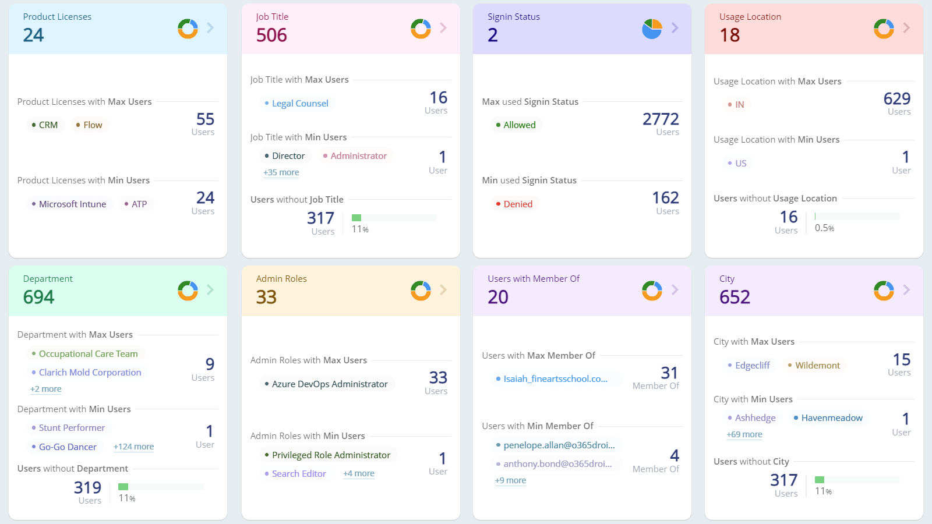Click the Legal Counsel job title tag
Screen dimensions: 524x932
click(x=296, y=104)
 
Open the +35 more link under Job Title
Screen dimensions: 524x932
click(x=281, y=172)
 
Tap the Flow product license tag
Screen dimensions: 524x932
click(x=89, y=125)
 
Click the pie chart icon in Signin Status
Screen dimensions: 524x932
click(x=652, y=29)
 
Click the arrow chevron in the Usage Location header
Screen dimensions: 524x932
click(x=906, y=28)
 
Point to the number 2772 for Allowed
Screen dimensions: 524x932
click(x=661, y=119)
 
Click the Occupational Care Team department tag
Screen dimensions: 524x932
click(x=85, y=354)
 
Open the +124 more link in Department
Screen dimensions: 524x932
click(x=133, y=447)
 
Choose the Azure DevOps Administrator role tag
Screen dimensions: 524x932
click(x=326, y=384)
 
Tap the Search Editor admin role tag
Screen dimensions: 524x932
click(x=295, y=474)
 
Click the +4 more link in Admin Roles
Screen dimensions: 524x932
click(x=359, y=474)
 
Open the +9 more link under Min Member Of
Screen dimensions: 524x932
click(x=510, y=481)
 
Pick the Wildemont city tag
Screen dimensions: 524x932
click(x=814, y=366)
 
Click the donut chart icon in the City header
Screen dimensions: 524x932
click(x=883, y=290)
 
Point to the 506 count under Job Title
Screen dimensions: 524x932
click(x=271, y=36)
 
